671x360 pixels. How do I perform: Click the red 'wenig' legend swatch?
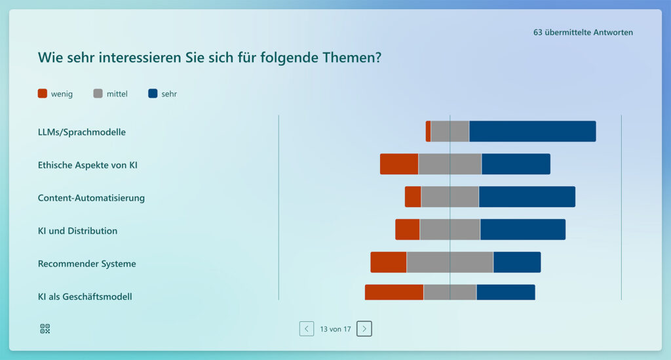[43, 94]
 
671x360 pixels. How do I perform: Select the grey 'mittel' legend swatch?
[98, 94]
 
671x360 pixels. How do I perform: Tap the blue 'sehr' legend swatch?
[153, 94]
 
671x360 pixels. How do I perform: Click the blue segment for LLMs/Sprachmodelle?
[532, 131]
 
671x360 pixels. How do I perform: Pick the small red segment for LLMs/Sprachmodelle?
[428, 131]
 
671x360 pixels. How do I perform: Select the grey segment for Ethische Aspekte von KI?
[450, 164]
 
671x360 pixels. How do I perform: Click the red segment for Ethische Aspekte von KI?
[399, 164]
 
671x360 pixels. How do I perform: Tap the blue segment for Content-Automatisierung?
[527, 197]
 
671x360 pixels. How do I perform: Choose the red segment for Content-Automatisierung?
[413, 197]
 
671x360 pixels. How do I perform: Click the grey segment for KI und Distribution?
[450, 230]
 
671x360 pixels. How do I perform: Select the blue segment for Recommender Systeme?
[517, 262]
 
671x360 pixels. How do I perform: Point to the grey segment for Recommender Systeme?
[450, 262]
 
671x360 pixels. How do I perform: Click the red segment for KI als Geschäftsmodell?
[394, 292]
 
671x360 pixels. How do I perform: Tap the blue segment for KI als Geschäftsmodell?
[505, 292]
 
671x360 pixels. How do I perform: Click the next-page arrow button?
[364, 329]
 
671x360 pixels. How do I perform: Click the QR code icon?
[45, 329]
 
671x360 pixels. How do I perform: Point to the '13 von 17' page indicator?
[335, 329]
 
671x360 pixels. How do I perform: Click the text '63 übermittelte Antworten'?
[583, 32]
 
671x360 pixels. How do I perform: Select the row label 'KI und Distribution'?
[77, 231]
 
